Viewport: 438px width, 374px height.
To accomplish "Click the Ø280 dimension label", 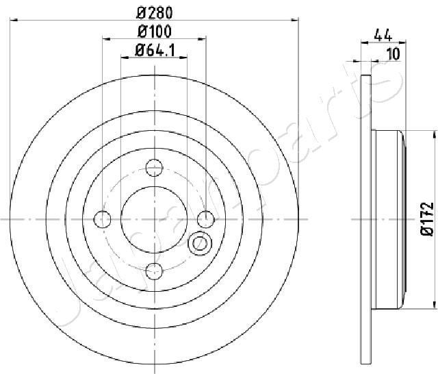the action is [x=155, y=13].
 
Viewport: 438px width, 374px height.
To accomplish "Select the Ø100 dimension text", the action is [x=155, y=32].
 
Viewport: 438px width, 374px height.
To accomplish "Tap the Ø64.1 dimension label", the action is [x=155, y=51].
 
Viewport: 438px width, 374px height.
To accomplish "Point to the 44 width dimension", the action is [x=383, y=35].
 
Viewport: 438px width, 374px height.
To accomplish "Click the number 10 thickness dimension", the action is [x=394, y=54].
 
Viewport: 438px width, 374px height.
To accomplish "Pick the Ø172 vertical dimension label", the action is [x=427, y=219].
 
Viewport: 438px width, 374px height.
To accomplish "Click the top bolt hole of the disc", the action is [x=154, y=168].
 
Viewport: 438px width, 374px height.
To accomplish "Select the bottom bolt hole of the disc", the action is [x=154, y=271].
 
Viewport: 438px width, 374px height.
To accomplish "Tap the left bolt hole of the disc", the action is [x=103, y=219].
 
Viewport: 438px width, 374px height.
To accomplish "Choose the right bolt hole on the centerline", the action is [x=206, y=219].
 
